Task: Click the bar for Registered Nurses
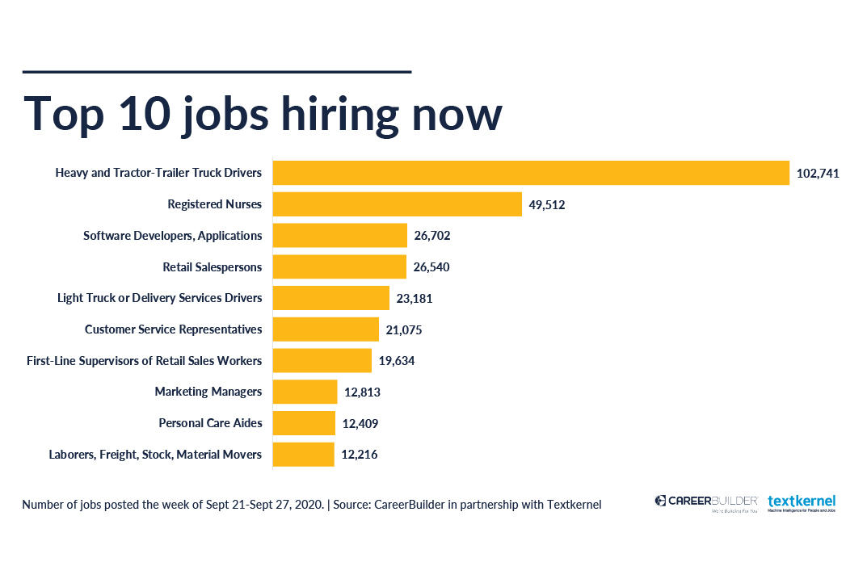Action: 397,204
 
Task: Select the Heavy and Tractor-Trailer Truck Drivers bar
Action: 531,173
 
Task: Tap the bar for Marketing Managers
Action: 305,392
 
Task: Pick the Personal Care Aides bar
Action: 304,423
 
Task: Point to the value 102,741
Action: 818,174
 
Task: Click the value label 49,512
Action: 547,205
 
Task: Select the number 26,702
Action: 432,236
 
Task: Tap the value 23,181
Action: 415,298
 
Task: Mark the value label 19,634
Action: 397,361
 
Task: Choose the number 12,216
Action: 360,455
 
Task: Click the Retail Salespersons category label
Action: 213,267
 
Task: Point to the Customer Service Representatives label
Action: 174,329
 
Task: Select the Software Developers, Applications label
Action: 173,236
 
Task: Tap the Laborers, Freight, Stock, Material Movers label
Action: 155,455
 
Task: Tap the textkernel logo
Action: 801,502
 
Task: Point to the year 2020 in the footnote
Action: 309,505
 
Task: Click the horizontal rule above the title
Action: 217,72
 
